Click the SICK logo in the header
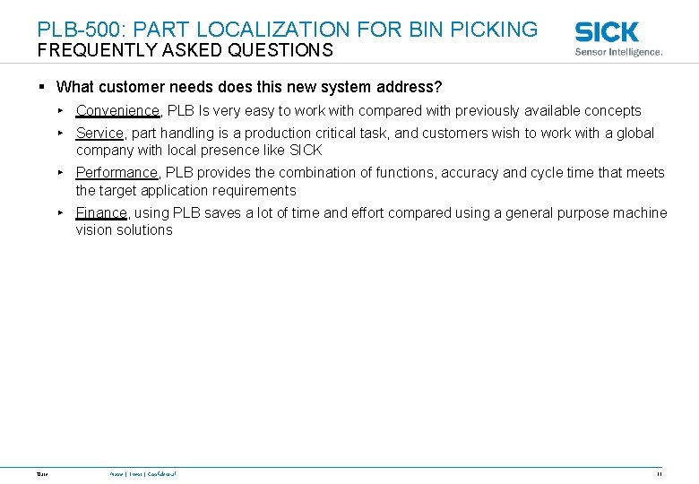(607, 31)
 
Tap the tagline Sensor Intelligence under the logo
(618, 52)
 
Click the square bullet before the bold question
(42, 87)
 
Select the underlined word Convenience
(117, 111)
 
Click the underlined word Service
(99, 133)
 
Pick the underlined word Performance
(116, 172)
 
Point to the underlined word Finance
(102, 212)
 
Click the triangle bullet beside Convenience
(59, 110)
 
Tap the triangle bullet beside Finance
(59, 212)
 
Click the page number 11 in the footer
(659, 473)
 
